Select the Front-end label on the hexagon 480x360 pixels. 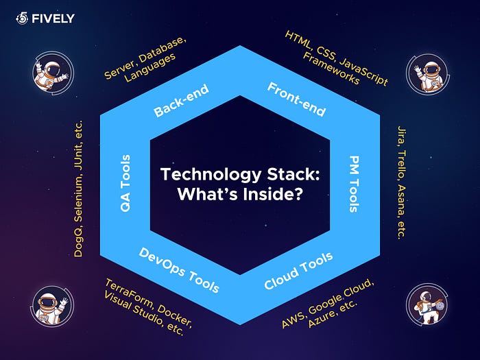pyautogui.click(x=297, y=99)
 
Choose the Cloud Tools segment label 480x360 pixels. pyautogui.click(x=298, y=269)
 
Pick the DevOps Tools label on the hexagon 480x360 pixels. pyautogui.click(x=179, y=269)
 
